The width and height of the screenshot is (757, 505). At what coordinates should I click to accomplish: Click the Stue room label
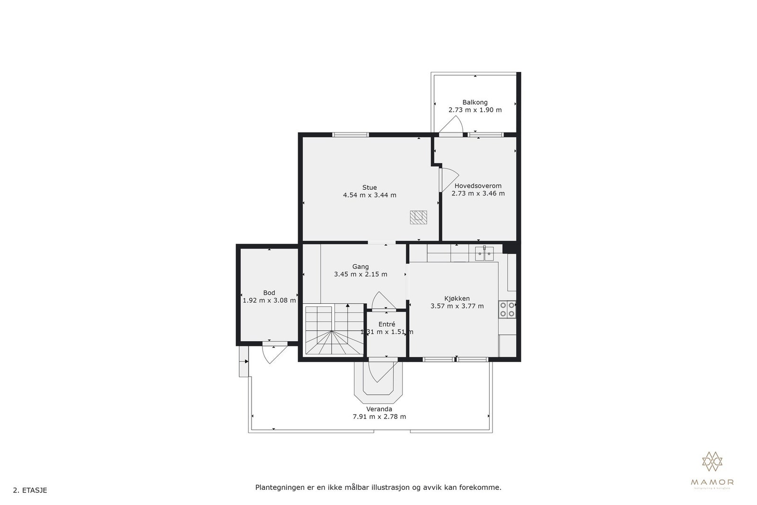(370, 187)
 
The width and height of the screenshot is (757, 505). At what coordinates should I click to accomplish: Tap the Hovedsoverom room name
(478, 186)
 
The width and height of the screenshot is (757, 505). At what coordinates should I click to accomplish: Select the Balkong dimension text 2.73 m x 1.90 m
(475, 110)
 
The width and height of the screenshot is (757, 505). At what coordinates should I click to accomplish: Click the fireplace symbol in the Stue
(418, 217)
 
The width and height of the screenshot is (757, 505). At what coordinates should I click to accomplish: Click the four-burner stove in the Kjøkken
(507, 309)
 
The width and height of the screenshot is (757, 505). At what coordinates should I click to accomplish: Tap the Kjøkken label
(457, 298)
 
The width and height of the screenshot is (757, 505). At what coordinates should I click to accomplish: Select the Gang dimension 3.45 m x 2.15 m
(361, 274)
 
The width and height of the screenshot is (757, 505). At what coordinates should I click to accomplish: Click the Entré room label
(387, 324)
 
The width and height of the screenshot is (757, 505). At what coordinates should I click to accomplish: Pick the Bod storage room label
(269, 292)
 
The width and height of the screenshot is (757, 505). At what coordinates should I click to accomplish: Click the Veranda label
(379, 409)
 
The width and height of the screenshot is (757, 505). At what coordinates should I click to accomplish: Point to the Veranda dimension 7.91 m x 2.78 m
(379, 417)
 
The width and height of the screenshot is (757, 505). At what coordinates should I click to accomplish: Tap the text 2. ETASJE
(30, 490)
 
